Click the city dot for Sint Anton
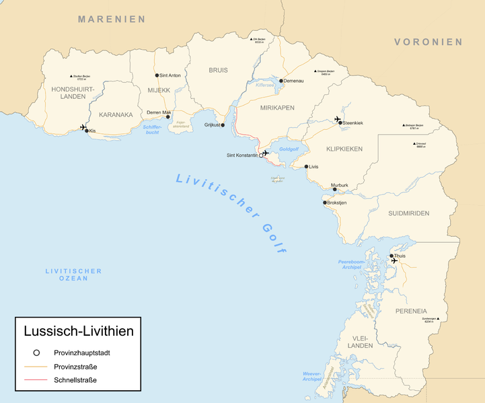point(157,76)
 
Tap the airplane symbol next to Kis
point(83,127)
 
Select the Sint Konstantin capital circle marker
point(261,155)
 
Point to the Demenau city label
point(293,81)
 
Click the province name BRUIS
point(218,70)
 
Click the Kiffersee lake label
point(266,85)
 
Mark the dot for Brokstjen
point(324,203)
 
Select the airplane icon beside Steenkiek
point(338,119)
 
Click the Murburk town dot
point(334,190)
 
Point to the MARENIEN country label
point(111,19)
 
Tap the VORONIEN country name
point(428,42)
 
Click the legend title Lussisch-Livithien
point(78,331)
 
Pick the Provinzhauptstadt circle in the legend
point(36,353)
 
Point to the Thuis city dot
point(391,256)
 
